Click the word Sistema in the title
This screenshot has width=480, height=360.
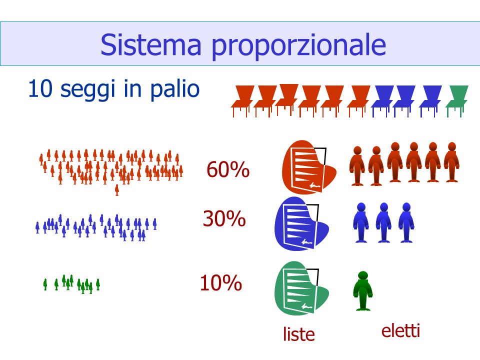pyautogui.click(x=151, y=44)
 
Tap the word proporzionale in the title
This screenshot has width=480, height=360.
pyautogui.click(x=299, y=46)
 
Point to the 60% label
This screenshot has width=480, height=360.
pyautogui.click(x=228, y=169)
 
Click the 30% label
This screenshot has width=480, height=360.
pyautogui.click(x=224, y=218)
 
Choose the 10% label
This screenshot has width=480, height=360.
pyautogui.click(x=220, y=282)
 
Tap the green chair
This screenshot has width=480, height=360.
pyautogui.click(x=457, y=101)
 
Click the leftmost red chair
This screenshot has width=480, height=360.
pyautogui.click(x=242, y=101)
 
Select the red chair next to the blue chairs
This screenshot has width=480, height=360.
pyautogui.click(x=358, y=101)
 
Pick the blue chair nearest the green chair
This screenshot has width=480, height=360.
pyautogui.click(x=430, y=101)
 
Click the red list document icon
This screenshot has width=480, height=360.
pyautogui.click(x=308, y=167)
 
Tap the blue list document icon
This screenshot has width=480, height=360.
pyautogui.click(x=301, y=224)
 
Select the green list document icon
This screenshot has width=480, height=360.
pyautogui.click(x=301, y=288)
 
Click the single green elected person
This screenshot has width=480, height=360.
pyautogui.click(x=363, y=291)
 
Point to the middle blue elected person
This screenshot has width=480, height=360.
pyautogui.click(x=383, y=222)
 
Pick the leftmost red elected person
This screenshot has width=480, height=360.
pyautogui.click(x=357, y=166)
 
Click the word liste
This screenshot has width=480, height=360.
pyautogui.click(x=299, y=334)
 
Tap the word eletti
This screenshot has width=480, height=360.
pyautogui.click(x=400, y=330)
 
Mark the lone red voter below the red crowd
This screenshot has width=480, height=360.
pyautogui.click(x=116, y=190)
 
